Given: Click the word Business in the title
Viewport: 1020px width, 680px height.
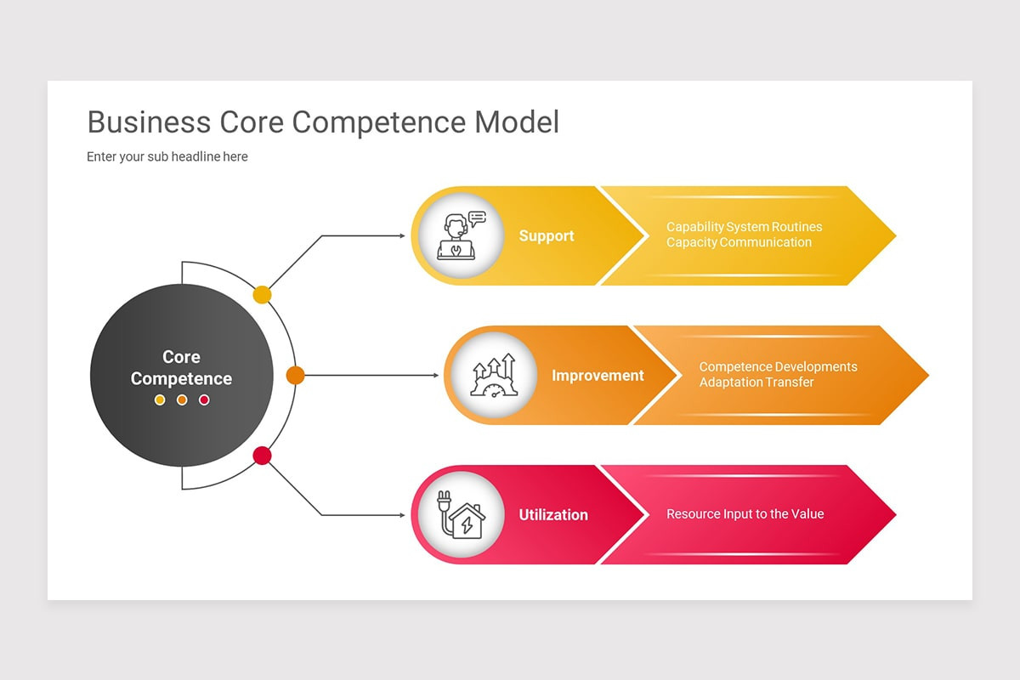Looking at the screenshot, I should tap(149, 122).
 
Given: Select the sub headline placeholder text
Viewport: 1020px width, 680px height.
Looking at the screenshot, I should tap(167, 156).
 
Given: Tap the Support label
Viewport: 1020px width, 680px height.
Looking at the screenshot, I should tap(547, 236).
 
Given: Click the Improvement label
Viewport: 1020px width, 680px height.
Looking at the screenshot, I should tap(598, 376).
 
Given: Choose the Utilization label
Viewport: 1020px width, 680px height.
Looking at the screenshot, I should tap(553, 515).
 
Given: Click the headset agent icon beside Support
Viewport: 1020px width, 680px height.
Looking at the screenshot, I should tap(460, 235).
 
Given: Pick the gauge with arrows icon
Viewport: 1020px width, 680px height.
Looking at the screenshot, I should tap(493, 376).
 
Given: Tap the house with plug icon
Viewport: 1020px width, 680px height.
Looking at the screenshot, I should tap(460, 514).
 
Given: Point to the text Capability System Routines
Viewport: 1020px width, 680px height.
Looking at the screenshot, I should tap(744, 227).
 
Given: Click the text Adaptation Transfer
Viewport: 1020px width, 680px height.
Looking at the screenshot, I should tap(756, 382).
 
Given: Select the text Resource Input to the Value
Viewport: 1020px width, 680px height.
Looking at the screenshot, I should tap(745, 514).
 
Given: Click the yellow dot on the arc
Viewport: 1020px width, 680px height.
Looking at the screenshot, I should tap(263, 295).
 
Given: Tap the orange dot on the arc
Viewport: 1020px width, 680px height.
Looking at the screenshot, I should tap(295, 375).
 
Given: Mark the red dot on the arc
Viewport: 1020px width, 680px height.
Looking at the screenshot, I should tap(263, 456).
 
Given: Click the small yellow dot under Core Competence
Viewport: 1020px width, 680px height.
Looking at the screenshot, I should tap(160, 399).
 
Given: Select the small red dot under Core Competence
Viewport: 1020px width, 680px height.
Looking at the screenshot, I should tap(204, 399).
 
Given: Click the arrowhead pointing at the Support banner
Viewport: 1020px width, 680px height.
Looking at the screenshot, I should tap(402, 235).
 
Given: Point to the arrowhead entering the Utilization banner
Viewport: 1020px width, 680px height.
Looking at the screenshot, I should tap(402, 515).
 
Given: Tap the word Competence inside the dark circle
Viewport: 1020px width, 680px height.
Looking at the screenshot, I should tap(181, 379).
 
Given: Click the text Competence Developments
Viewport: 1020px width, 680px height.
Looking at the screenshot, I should tap(778, 367).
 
